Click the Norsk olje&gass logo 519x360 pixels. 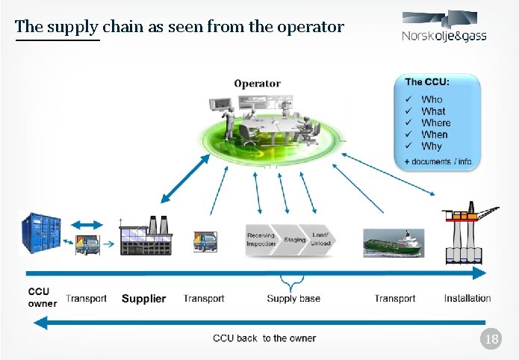[444, 28]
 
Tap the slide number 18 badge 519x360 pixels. [491, 341]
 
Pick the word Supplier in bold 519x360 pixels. [143, 299]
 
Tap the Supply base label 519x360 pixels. [293, 299]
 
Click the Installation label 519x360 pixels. [467, 298]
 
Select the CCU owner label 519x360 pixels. [42, 298]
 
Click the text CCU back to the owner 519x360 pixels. [264, 338]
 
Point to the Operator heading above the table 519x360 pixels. [257, 84]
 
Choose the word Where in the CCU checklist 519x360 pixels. [435, 122]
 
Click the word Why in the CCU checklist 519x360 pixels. [431, 146]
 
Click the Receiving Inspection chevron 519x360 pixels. [261, 239]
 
